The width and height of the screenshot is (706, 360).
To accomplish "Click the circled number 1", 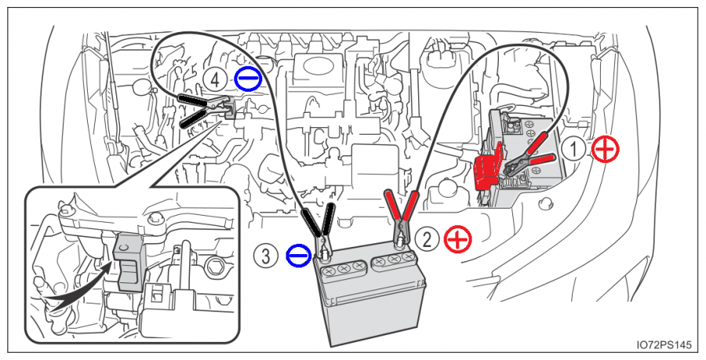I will click(x=577, y=149).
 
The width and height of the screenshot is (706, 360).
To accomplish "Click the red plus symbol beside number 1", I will click(x=605, y=149).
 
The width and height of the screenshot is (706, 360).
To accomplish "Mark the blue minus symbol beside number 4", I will click(x=245, y=78).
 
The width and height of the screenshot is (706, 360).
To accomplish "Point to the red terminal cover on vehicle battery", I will click(x=488, y=166).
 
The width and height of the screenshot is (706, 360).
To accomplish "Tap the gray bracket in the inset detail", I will click(x=126, y=259).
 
